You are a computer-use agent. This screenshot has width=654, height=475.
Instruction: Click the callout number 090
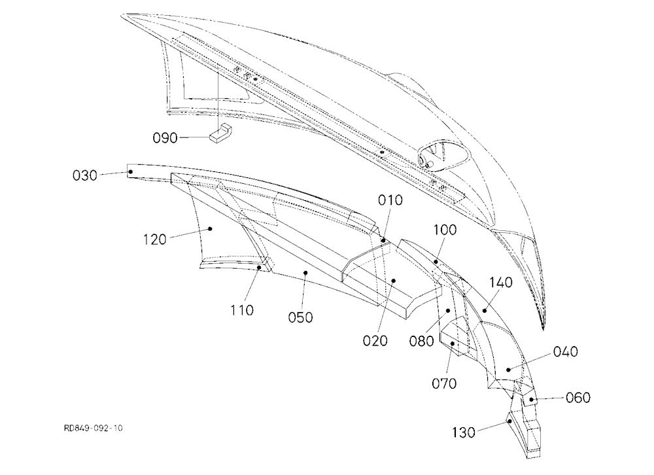165,138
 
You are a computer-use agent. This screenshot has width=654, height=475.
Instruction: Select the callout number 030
85,175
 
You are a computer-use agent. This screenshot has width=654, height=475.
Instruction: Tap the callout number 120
155,239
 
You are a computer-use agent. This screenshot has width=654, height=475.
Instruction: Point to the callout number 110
242,310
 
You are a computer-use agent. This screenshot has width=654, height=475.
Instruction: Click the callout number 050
300,317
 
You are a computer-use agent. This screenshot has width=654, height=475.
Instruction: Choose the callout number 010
390,200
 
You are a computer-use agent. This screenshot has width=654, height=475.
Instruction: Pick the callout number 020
375,341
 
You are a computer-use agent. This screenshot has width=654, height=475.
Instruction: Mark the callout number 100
445,230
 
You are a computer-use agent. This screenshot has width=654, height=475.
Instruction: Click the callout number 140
500,283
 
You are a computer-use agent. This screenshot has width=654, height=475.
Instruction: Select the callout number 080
422,341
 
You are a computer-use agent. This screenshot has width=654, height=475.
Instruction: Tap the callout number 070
444,383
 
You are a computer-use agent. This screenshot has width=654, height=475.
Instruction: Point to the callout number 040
566,352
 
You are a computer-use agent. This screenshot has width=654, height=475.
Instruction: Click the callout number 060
578,398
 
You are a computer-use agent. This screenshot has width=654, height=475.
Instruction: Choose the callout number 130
464,432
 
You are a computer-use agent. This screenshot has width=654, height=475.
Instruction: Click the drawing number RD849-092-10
94,429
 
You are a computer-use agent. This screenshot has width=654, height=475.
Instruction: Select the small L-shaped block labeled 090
222,133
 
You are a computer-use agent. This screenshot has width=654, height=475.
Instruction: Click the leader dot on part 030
131,171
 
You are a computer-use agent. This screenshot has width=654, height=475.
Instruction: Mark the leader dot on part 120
210,228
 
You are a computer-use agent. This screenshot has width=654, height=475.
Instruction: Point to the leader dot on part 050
305,273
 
